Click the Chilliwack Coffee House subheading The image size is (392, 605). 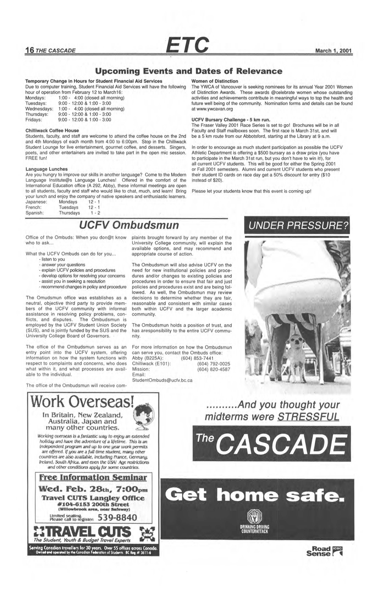click(52, 130)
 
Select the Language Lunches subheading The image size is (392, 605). click(46, 169)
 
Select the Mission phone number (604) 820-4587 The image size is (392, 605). click(213, 369)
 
